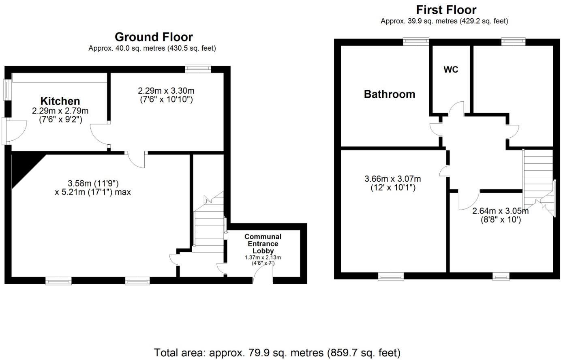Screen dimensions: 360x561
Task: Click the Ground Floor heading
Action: (154, 37)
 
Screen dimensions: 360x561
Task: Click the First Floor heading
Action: (446, 10)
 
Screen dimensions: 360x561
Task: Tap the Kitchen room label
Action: (60, 101)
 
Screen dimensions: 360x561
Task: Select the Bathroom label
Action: (389, 94)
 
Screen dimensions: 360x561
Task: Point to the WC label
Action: (451, 70)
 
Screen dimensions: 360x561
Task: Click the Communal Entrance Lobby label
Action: (263, 244)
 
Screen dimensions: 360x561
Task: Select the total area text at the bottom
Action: (277, 352)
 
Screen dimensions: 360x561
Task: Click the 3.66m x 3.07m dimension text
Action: (392, 179)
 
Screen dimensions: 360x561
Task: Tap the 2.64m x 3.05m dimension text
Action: (500, 211)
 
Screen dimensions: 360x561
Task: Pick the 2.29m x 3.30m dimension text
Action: (166, 91)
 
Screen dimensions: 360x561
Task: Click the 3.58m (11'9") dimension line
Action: (93, 183)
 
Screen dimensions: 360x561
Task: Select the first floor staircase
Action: (538, 178)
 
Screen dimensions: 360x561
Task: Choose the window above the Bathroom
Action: (416, 41)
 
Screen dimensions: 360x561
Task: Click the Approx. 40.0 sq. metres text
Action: (152, 48)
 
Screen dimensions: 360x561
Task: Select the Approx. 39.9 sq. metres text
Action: (444, 21)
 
